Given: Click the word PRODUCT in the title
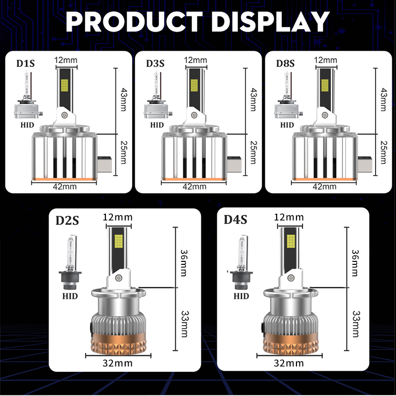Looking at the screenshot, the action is [134, 22].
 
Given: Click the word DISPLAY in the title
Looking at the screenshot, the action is [270, 22].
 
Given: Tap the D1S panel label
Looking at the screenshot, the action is [26, 63].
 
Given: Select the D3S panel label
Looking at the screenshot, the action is [155, 63].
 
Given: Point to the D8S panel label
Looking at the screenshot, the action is [286, 63].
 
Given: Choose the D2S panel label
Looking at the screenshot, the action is [67, 220].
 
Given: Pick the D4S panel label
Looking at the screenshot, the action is [236, 219].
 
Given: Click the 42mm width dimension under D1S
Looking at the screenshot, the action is [65, 187].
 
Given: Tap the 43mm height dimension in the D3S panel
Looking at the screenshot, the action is [253, 99].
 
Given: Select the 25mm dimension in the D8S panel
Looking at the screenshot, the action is [384, 152].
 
